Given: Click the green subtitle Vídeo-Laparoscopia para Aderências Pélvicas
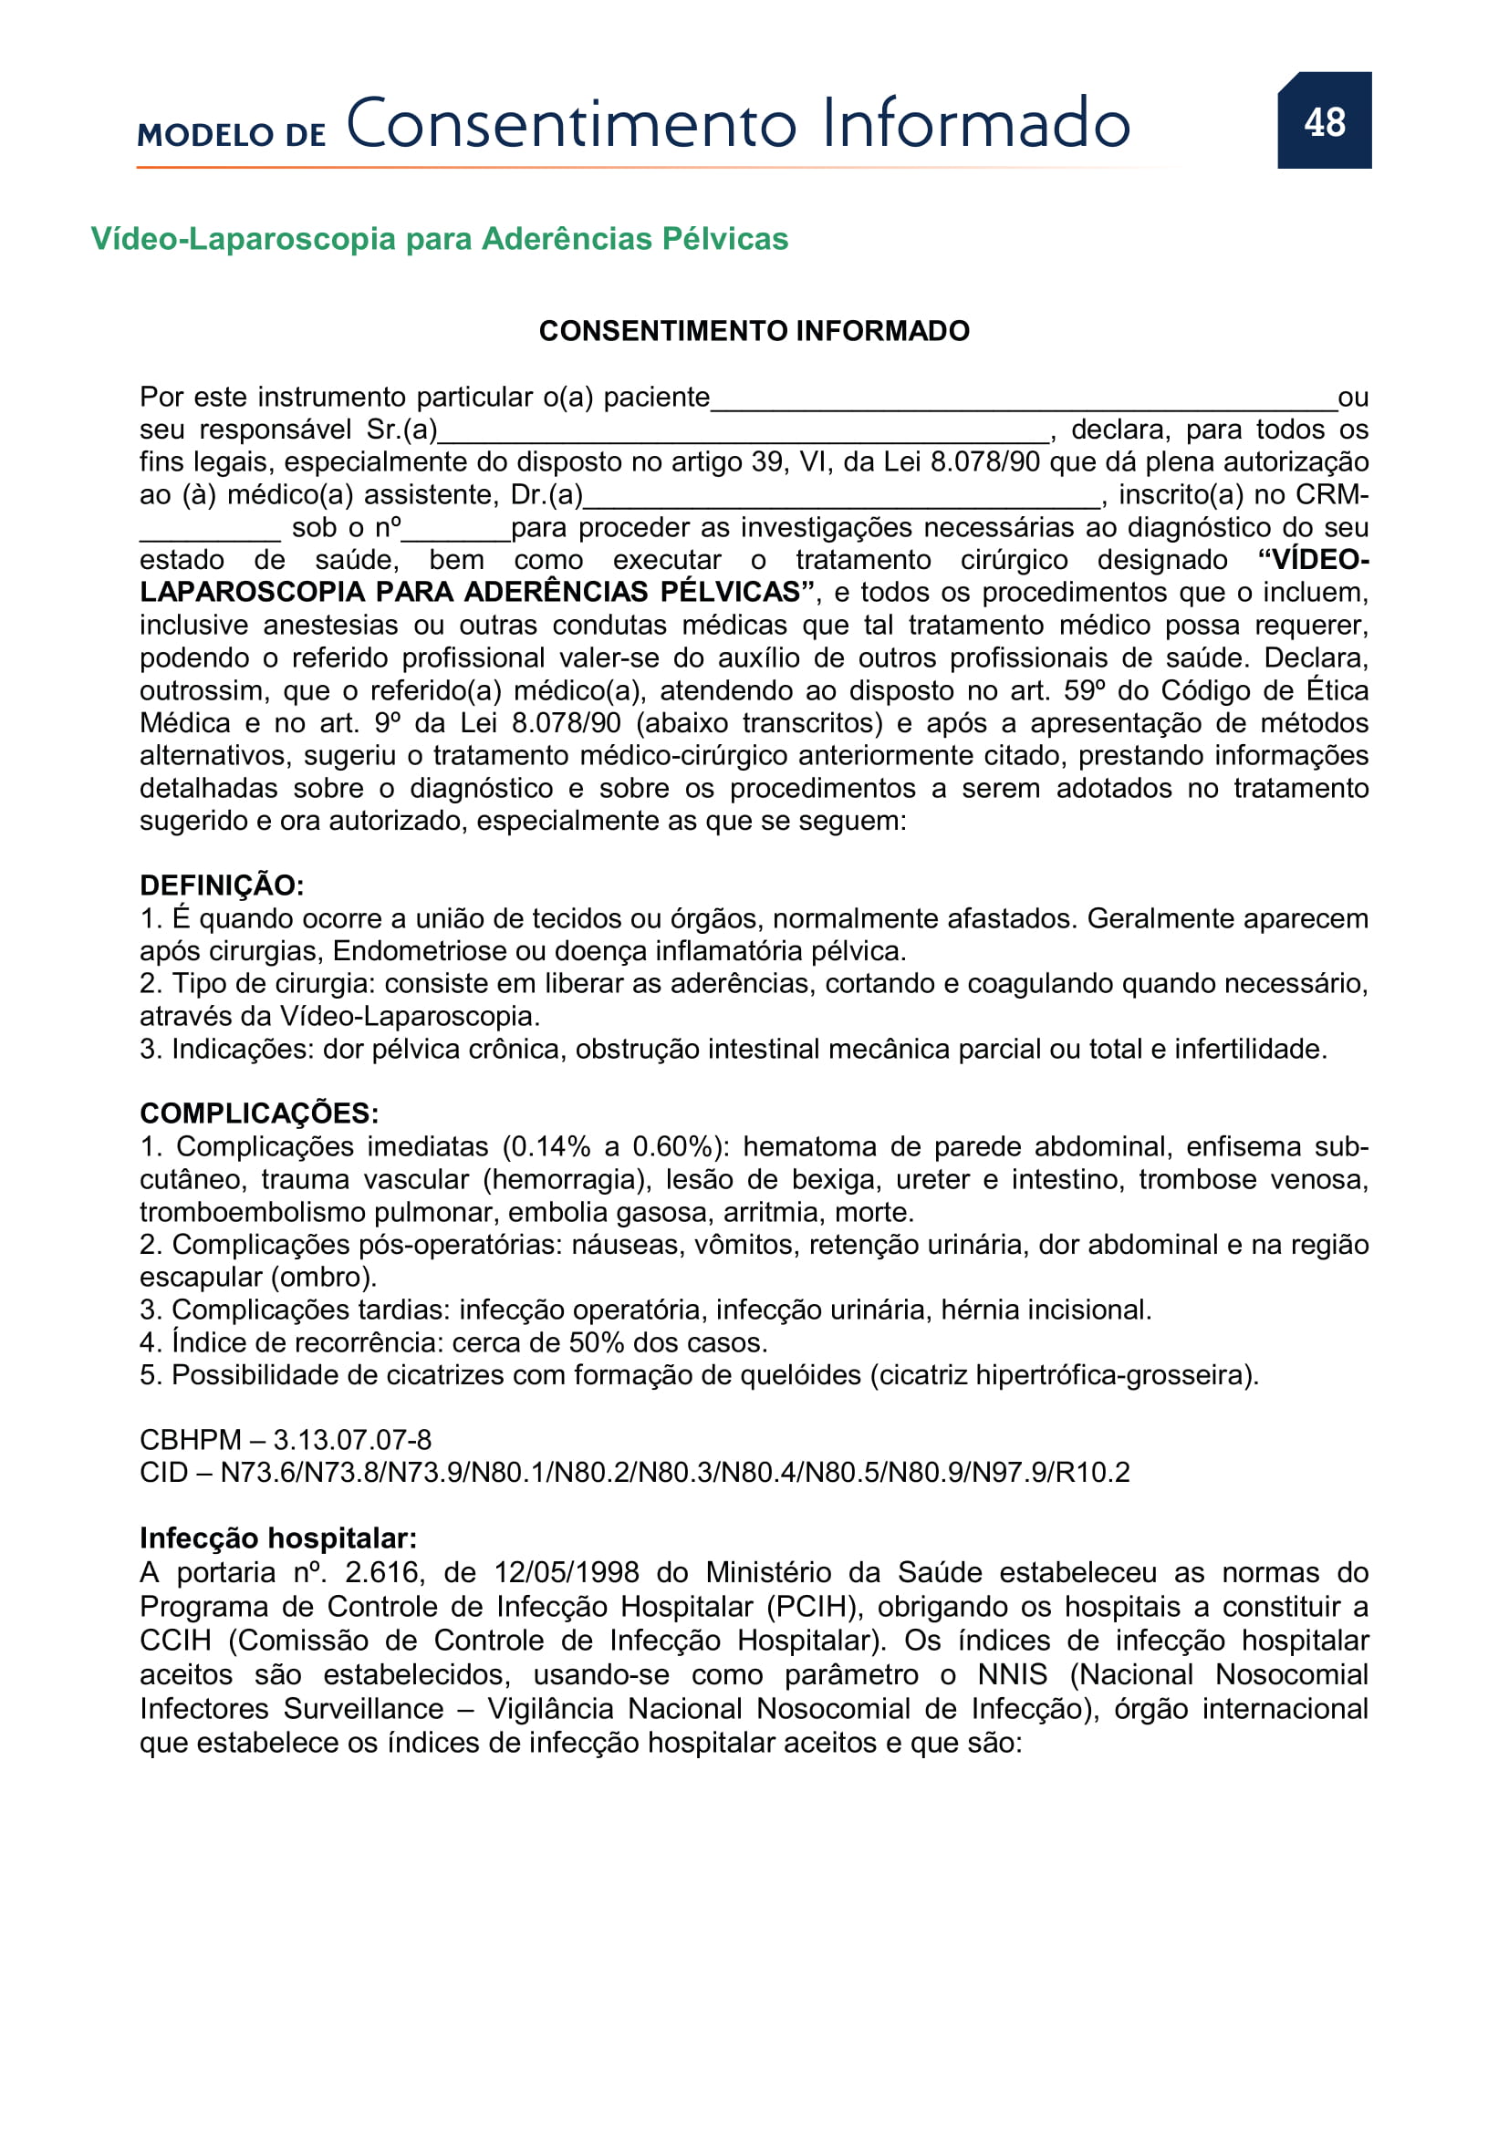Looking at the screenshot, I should coord(439,239).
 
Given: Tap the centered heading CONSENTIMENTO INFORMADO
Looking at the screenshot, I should coord(754,331).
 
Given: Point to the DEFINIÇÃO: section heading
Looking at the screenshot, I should coord(221,885).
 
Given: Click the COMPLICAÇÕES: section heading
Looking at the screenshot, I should coord(258,1113).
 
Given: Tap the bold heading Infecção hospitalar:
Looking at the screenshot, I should coord(278,1538).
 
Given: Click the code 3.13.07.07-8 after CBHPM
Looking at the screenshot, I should coord(352,1440).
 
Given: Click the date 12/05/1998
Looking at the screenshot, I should coord(566,1573).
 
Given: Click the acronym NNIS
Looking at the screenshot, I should coord(1012,1675).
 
